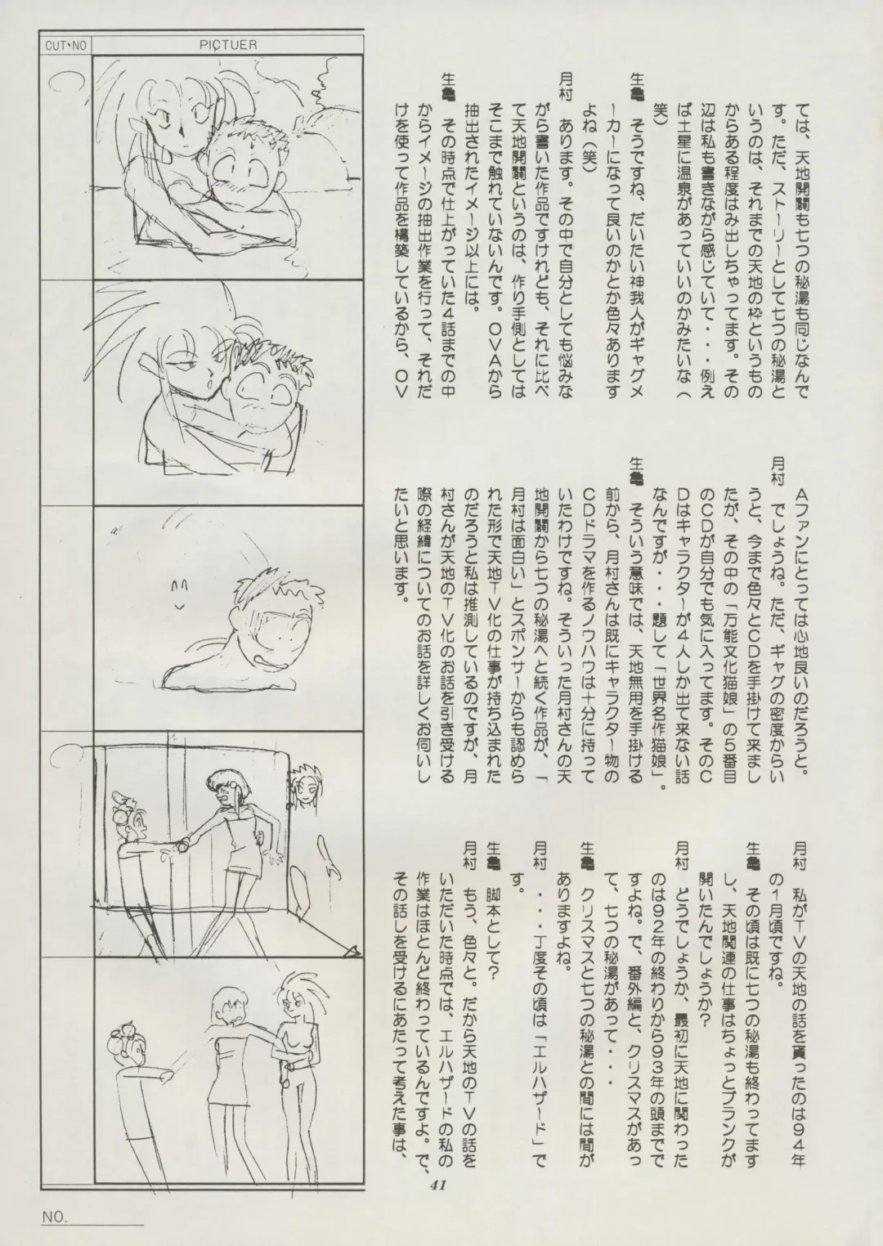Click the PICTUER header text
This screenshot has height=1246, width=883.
228,45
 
